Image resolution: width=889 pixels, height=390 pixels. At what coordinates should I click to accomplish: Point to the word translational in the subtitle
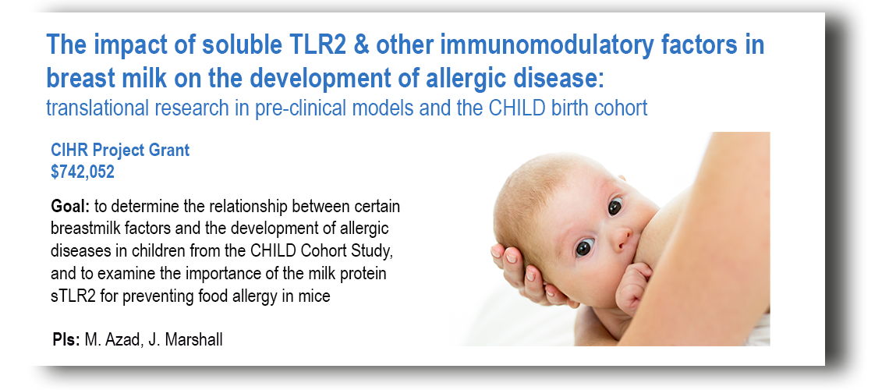click(x=97, y=108)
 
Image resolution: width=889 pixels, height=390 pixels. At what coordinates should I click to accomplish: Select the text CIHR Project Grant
click(x=120, y=151)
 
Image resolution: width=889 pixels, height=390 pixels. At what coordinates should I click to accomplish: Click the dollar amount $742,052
click(x=83, y=172)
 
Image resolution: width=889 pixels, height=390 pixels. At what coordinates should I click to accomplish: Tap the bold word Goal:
click(x=70, y=206)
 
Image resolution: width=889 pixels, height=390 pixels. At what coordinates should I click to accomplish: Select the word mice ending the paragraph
click(x=315, y=296)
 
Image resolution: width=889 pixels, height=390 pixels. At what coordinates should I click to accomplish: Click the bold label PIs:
click(x=66, y=339)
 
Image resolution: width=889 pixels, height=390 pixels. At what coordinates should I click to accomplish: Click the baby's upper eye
click(x=615, y=207)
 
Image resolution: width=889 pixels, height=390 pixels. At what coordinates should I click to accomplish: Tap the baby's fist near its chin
click(x=634, y=286)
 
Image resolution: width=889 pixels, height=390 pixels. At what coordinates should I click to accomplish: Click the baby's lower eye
click(x=584, y=247)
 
